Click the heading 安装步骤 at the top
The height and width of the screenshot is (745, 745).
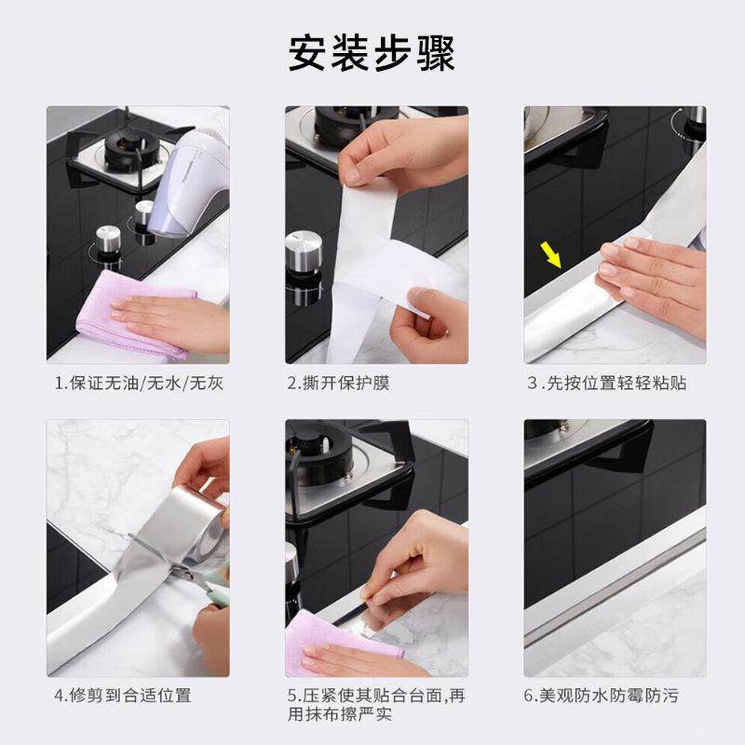(x=372, y=53)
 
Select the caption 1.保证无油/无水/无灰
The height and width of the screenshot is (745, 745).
(x=139, y=383)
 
